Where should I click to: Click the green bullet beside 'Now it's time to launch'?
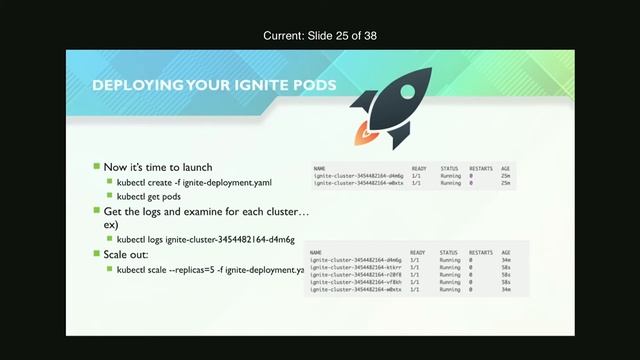point(97,166)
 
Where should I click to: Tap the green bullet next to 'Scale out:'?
point(97,255)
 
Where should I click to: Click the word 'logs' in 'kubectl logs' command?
point(157,241)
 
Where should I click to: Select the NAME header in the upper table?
point(319,168)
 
